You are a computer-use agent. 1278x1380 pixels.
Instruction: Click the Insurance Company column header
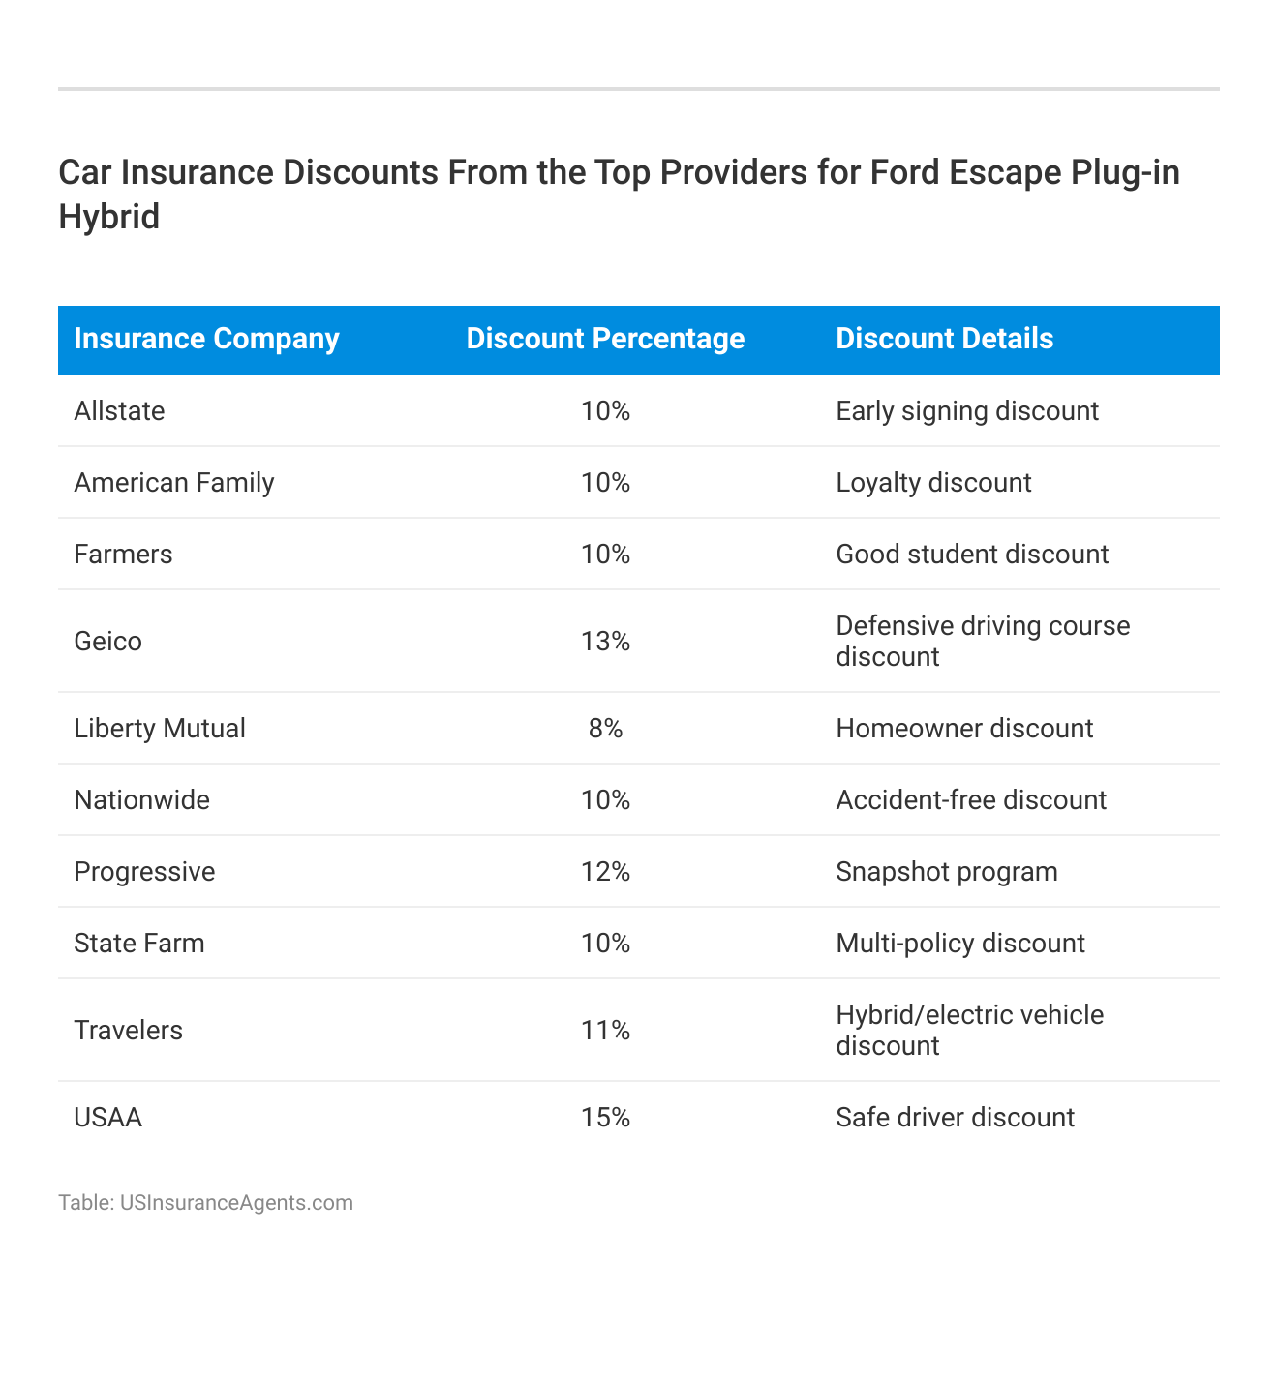tap(206, 339)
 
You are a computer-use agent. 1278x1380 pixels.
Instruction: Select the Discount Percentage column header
tap(605, 339)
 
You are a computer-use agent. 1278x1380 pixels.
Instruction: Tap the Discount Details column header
tap(944, 339)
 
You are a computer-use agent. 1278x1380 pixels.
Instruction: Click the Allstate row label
tap(119, 411)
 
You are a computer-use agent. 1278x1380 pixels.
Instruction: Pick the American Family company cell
tap(174, 483)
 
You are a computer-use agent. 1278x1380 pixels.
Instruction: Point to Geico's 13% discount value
tap(605, 642)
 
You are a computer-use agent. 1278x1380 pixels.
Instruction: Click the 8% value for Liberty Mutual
tap(605, 729)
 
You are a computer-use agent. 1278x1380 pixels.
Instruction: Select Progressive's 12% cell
tap(605, 872)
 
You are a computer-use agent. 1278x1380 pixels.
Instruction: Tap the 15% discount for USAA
tap(605, 1118)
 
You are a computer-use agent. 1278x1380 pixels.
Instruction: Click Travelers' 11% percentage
tap(605, 1031)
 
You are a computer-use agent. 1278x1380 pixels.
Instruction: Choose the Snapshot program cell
tap(946, 872)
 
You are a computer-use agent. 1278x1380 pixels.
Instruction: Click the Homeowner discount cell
tap(964, 729)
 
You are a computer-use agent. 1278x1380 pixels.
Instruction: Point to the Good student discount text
tap(972, 555)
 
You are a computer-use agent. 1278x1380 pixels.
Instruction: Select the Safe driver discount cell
tap(955, 1118)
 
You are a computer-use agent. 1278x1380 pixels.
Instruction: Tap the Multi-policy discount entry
tap(960, 944)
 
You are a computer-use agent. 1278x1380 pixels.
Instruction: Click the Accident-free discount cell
tap(971, 800)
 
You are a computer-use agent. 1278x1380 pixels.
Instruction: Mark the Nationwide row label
tap(141, 800)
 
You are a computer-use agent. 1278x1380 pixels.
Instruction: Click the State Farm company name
tap(139, 944)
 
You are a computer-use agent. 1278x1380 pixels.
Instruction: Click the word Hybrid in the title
tap(108, 216)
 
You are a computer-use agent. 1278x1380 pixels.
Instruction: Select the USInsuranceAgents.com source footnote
tap(205, 1203)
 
